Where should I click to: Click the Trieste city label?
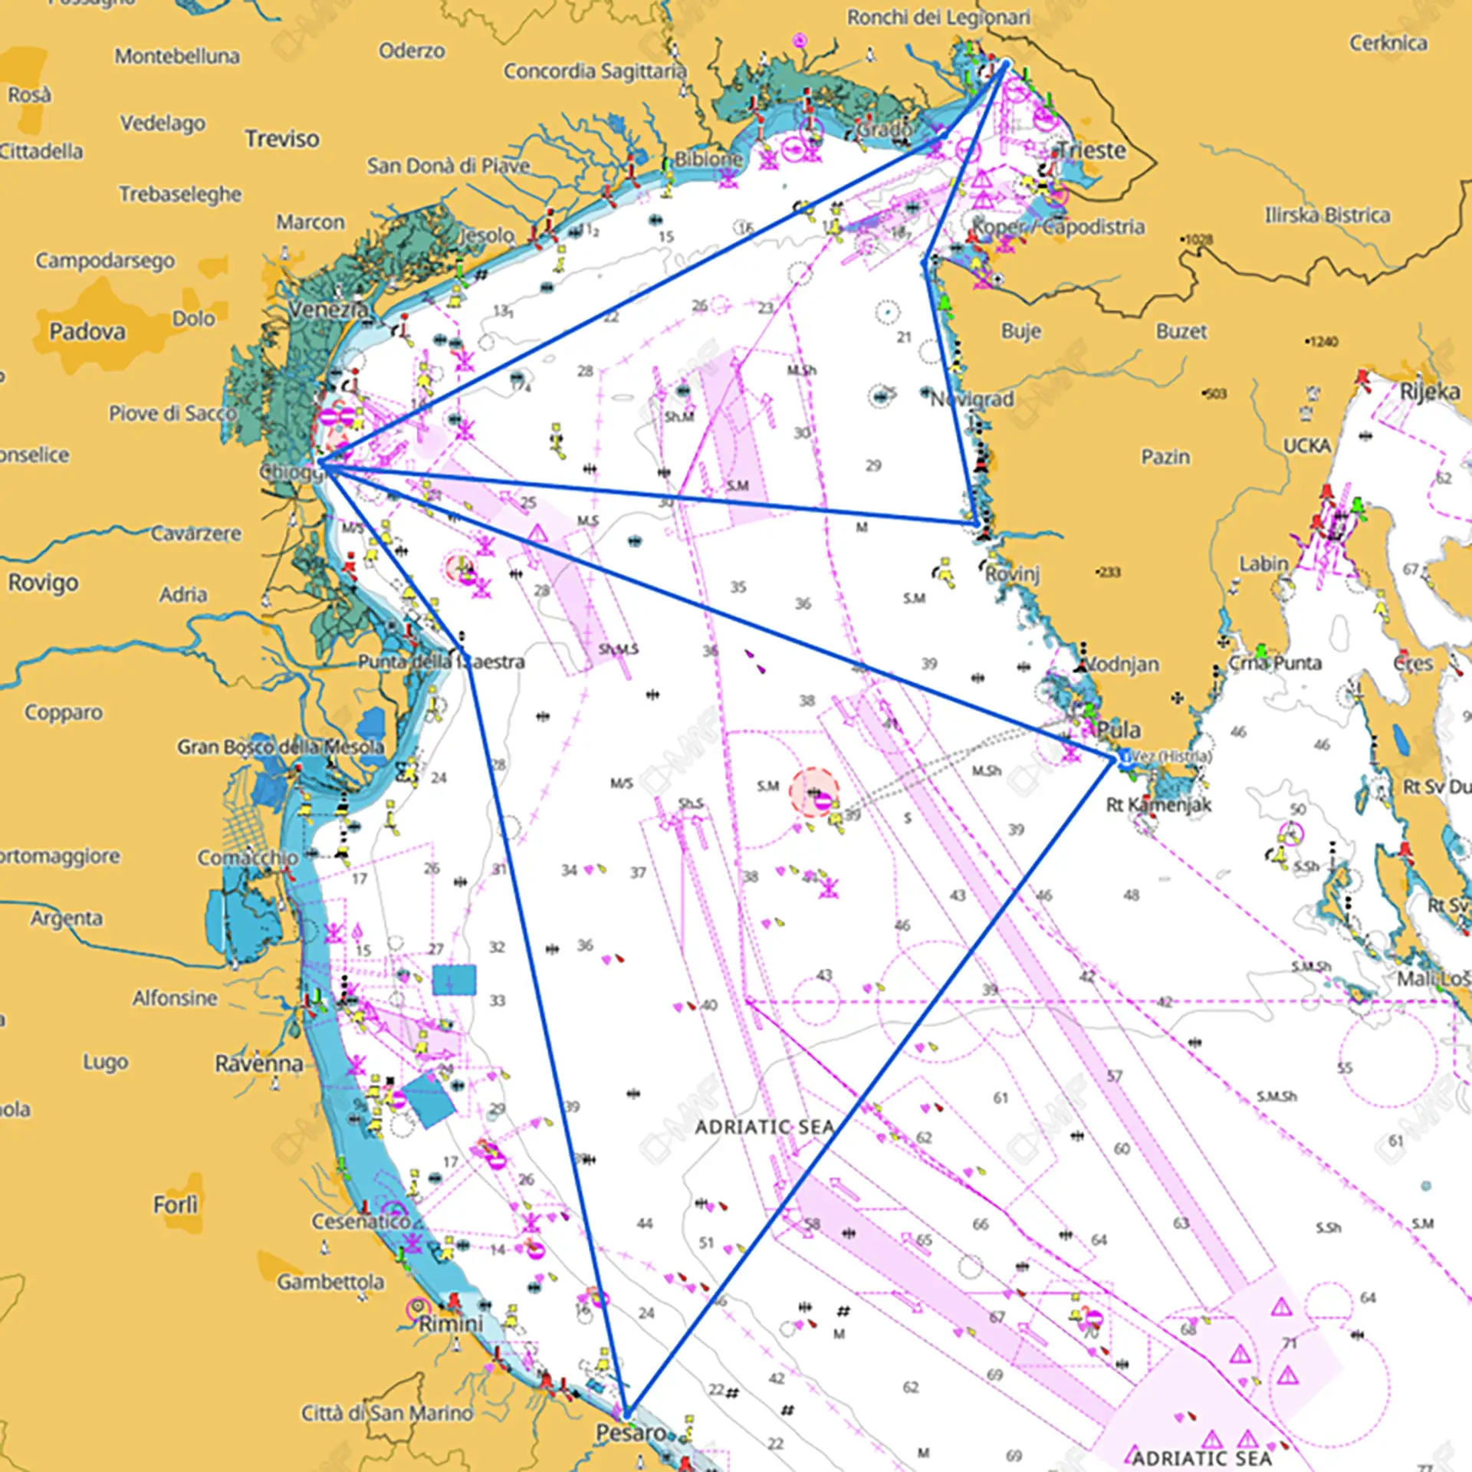point(1092,150)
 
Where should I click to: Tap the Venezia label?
point(328,310)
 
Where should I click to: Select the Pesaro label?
point(631,1432)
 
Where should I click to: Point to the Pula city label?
point(1119,729)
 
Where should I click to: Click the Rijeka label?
point(1429,392)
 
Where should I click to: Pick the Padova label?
point(87,332)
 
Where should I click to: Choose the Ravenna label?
point(258,1063)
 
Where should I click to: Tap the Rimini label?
point(451,1323)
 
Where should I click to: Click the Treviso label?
point(282,139)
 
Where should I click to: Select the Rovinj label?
point(1012,573)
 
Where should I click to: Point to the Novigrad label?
point(972,399)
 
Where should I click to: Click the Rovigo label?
point(43,583)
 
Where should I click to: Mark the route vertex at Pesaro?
point(627,1413)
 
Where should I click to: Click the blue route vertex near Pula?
point(1113,758)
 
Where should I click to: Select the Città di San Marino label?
point(386,1412)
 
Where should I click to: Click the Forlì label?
point(175,1204)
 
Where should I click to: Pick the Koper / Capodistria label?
point(1058,226)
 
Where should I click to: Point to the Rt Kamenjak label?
point(1158,804)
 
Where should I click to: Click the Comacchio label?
point(248,857)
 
